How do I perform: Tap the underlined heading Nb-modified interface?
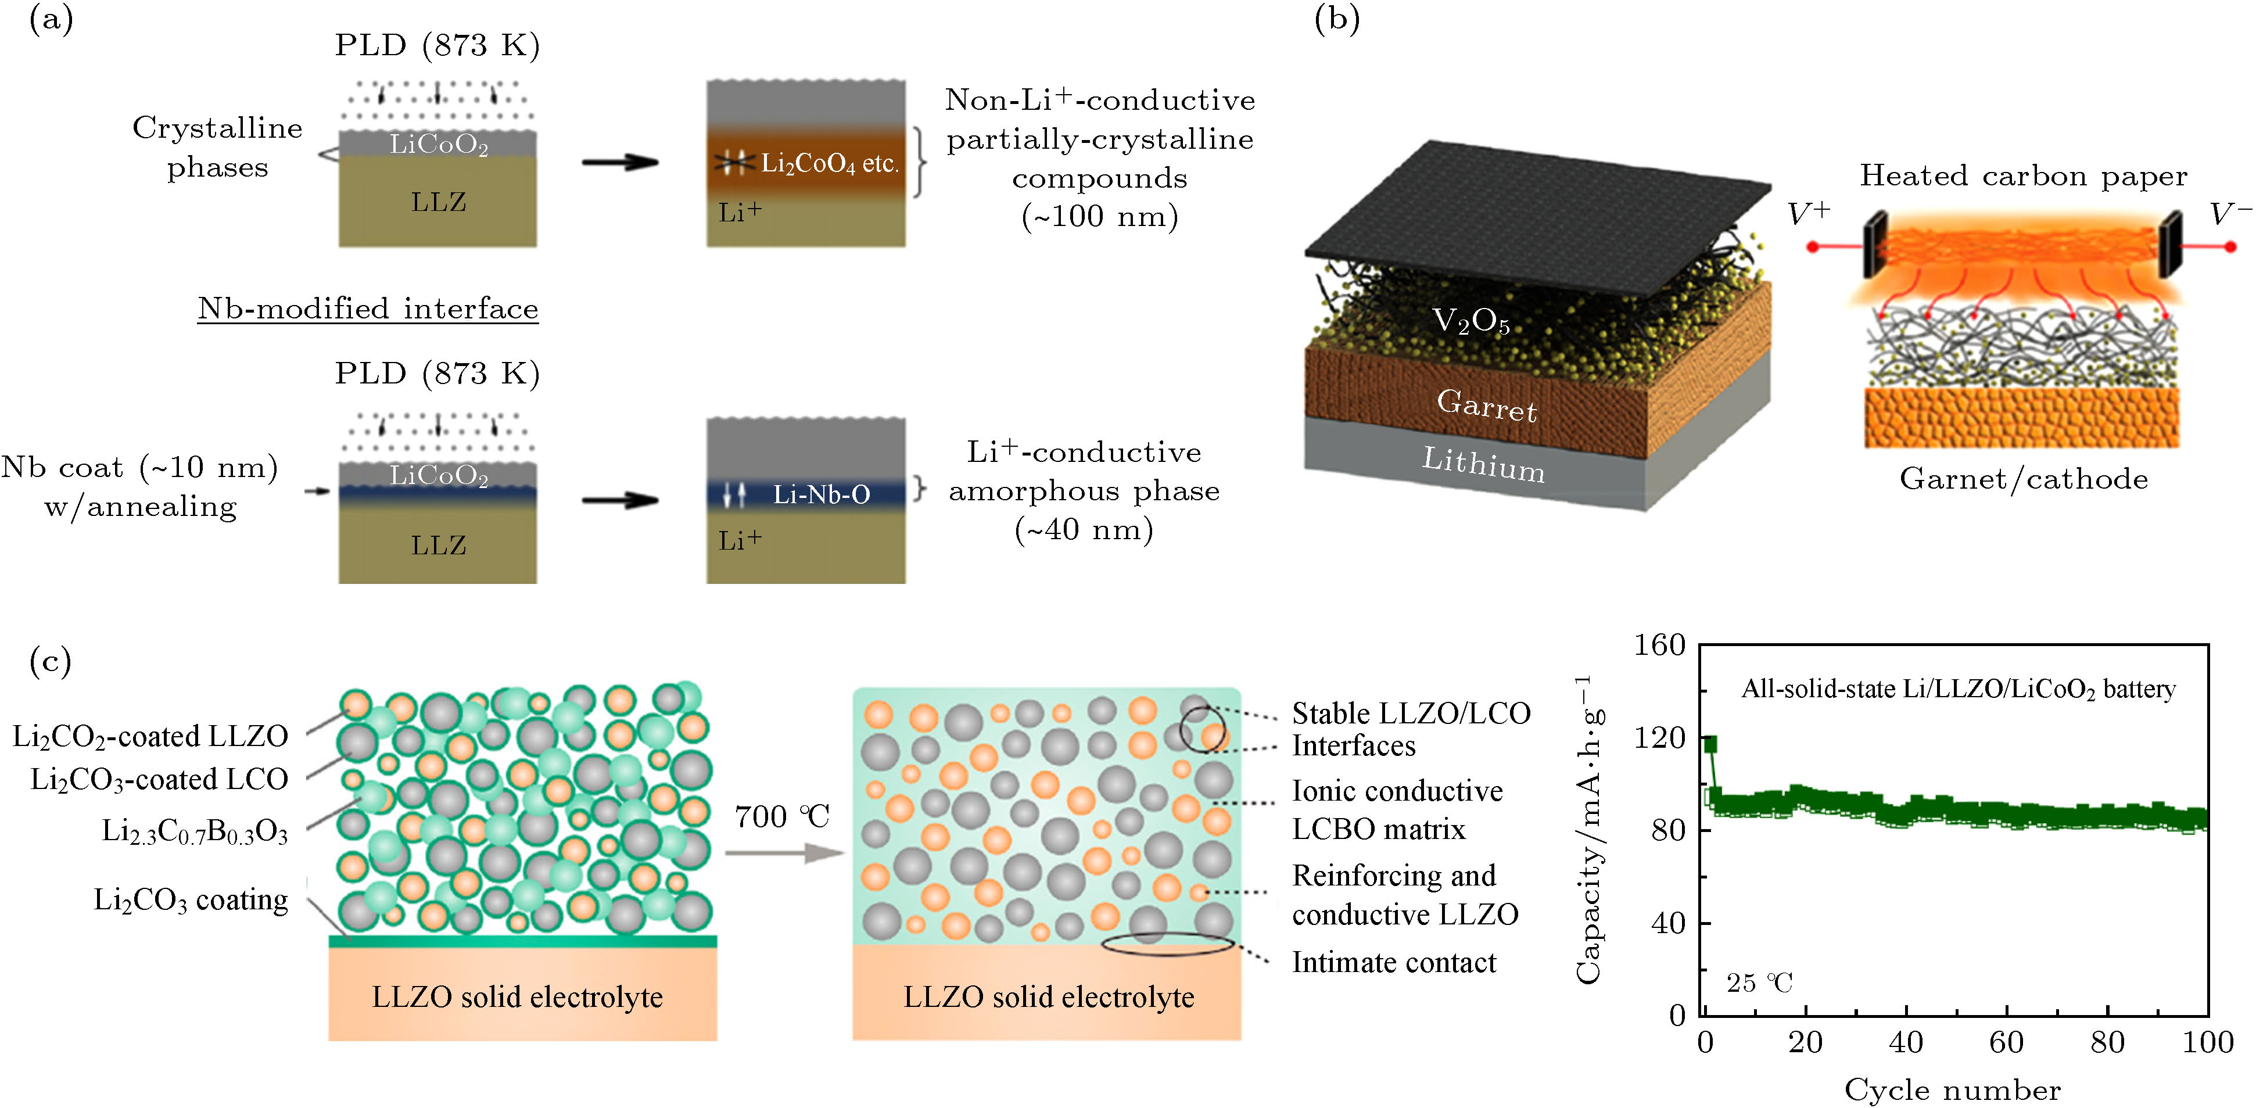tap(368, 309)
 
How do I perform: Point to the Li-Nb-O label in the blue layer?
tap(820, 495)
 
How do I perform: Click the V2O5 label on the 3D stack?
tap(1470, 321)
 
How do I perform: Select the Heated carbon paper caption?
tap(2023, 176)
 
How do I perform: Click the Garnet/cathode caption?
tap(2023, 479)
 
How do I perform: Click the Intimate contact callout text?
tap(1393, 963)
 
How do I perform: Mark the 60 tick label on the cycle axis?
tap(2006, 1042)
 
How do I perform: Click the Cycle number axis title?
tap(1952, 1091)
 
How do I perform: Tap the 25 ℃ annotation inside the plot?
tap(1759, 983)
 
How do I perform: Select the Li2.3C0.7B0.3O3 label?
tap(195, 830)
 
